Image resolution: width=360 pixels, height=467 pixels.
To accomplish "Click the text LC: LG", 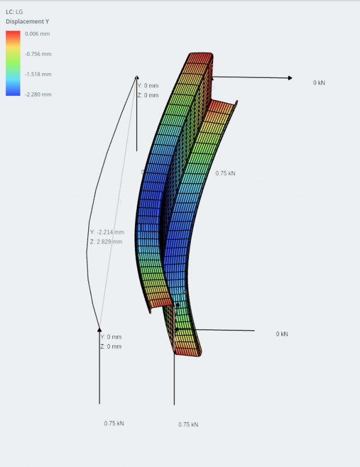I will (x=14, y=11).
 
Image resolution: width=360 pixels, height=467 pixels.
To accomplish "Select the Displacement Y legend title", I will (x=27, y=22).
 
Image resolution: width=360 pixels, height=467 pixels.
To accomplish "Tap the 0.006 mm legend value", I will (x=38, y=34).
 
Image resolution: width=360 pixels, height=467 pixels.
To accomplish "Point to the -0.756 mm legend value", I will (x=39, y=54).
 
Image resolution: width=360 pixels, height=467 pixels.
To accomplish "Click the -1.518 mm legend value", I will (x=39, y=74).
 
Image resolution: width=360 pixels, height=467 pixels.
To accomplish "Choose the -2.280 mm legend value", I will (x=39, y=94).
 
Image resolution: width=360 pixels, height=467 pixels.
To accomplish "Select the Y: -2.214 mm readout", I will (x=107, y=232).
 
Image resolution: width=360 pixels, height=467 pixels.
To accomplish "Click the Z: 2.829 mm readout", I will (x=106, y=242).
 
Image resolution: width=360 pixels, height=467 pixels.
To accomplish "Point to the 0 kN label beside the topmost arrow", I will (x=319, y=83).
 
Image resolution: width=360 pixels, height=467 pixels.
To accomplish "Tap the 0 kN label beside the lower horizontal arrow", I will (x=282, y=334).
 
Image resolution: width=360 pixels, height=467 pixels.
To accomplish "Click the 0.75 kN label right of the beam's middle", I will (x=226, y=173).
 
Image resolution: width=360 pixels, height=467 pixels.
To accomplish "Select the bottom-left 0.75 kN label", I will (x=114, y=423).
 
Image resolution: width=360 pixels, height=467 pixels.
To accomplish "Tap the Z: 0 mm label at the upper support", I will (x=148, y=95).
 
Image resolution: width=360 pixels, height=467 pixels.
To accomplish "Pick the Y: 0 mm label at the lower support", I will (x=111, y=337).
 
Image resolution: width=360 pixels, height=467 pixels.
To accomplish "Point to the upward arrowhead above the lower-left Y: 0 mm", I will (x=100, y=329).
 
